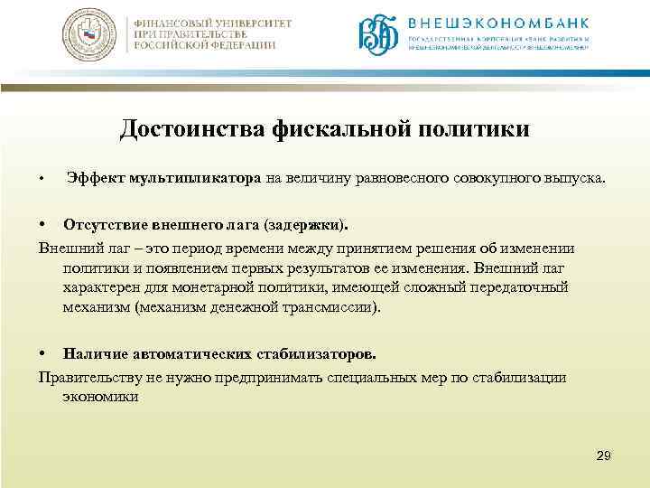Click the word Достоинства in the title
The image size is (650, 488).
190,131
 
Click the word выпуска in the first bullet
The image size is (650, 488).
583,177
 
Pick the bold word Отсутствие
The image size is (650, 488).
100,223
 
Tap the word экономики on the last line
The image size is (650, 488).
100,396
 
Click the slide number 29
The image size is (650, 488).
604,455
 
